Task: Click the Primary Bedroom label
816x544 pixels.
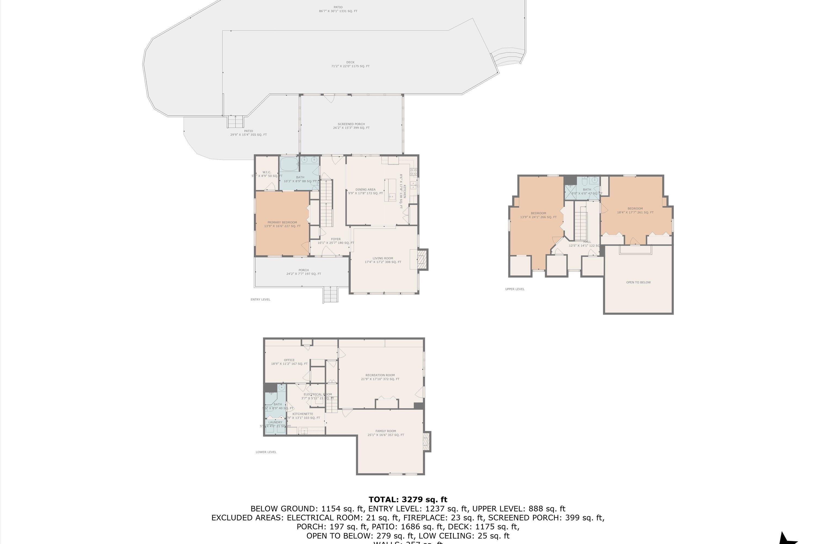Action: tap(282, 222)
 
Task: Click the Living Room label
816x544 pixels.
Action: tap(383, 258)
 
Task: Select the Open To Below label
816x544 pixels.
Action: tap(638, 282)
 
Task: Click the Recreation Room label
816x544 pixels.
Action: tap(380, 375)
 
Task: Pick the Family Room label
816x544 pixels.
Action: tap(385, 431)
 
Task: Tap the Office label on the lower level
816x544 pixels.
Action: tap(289, 360)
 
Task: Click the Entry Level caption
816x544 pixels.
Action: tap(260, 299)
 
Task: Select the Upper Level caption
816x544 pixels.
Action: tap(515, 289)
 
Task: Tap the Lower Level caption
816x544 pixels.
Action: tap(266, 452)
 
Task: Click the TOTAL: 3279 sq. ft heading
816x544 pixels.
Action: tap(408, 500)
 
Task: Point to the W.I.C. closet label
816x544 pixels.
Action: tap(267, 172)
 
